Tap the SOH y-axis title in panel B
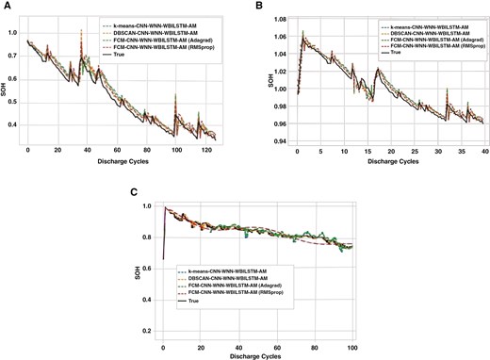259,80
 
